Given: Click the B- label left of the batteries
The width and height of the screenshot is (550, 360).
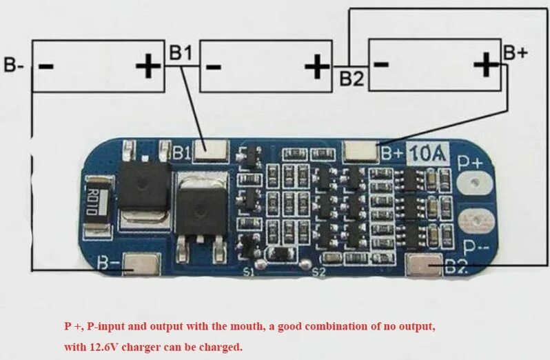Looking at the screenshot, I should [x=14, y=66].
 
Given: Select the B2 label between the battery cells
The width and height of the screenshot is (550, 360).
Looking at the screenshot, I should [x=351, y=78].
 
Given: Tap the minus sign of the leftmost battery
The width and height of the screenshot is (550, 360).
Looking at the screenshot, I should [x=47, y=66].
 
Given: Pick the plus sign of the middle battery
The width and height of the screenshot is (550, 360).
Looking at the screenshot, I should [x=317, y=66].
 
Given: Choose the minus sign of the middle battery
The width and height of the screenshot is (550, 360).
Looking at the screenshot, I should [x=214, y=66].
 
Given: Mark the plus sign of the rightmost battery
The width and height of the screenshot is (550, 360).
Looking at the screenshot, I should [x=487, y=66].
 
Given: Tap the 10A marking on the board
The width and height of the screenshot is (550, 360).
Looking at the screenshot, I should [x=429, y=153].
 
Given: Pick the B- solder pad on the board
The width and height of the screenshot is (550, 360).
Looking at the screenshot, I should [x=143, y=263].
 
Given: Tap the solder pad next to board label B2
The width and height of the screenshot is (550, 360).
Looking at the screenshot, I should [x=425, y=263].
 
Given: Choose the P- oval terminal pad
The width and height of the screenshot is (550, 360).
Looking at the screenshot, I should [x=476, y=220].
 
